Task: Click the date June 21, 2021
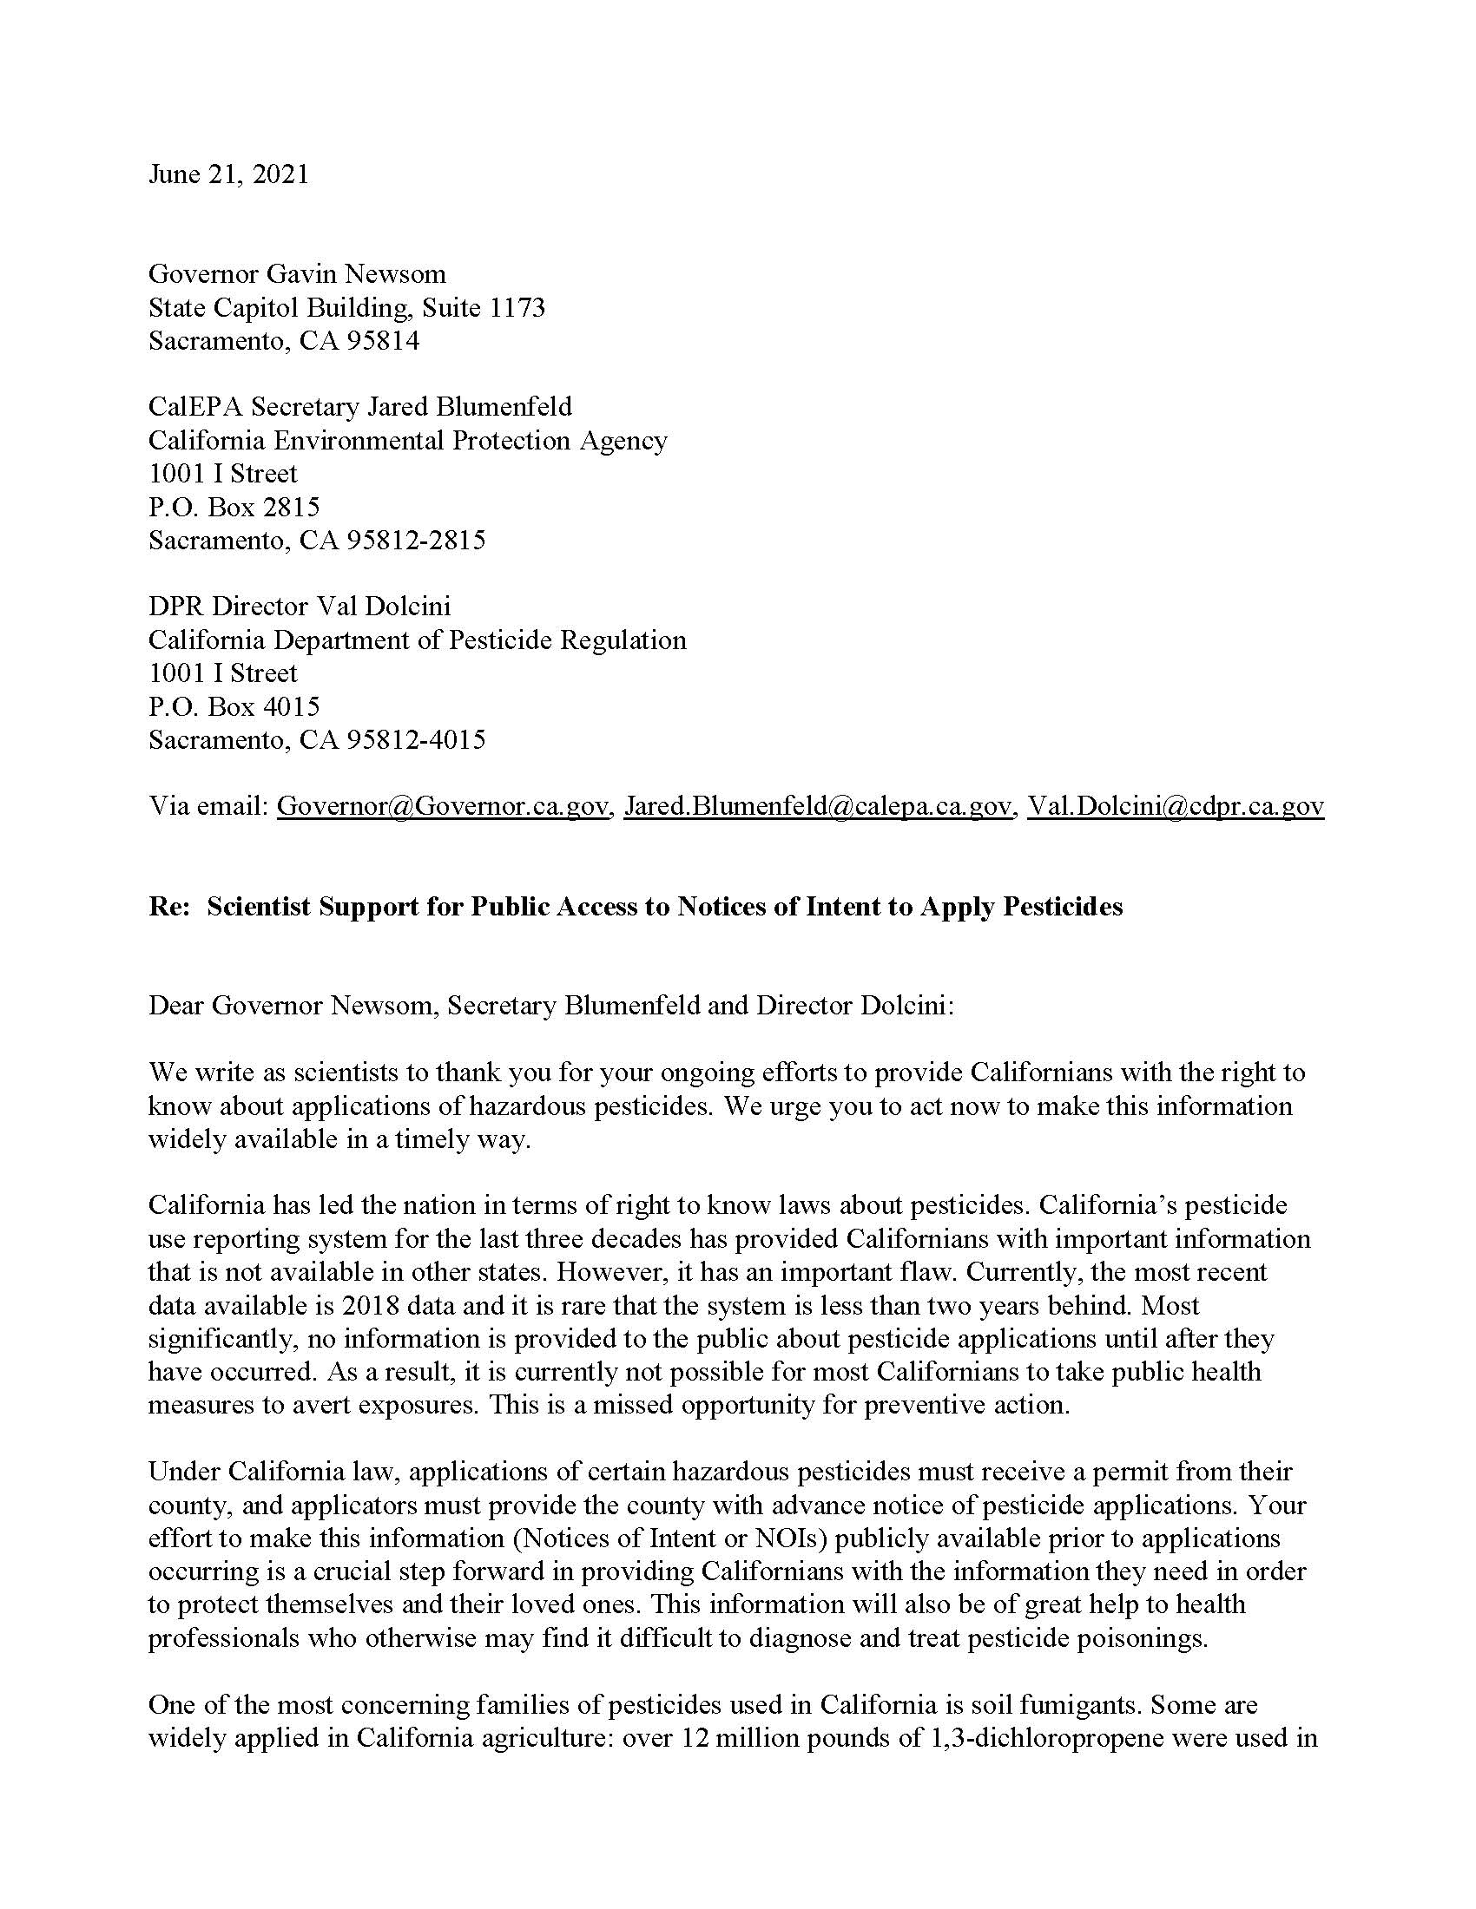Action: pos(228,174)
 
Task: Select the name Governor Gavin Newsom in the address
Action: pos(297,274)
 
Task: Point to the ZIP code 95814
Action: pos(383,341)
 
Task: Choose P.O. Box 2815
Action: pos(234,507)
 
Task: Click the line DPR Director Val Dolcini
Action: pos(299,607)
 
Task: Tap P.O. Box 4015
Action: pos(234,706)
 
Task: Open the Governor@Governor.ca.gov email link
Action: pos(443,806)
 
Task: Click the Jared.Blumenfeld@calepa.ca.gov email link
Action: pos(818,806)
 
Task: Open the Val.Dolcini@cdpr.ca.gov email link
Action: pos(1176,806)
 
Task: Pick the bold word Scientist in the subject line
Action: pos(259,908)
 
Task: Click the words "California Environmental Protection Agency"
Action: pos(407,441)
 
